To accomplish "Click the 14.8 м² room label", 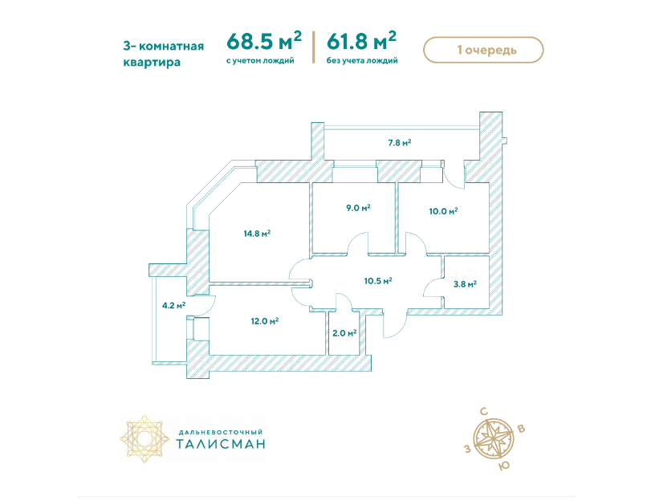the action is (257, 234).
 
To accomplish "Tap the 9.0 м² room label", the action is (358, 207).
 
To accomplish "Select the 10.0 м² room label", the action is (443, 211).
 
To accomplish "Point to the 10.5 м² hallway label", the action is (378, 281).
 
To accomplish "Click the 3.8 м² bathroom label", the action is (465, 284).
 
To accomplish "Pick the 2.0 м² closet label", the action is (344, 332).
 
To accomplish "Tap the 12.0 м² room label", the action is (264, 321).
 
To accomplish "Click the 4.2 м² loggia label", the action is (173, 305).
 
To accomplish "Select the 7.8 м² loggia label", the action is (400, 142).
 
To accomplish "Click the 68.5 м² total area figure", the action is (264, 41).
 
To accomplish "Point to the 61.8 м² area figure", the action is (361, 41).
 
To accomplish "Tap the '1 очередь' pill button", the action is (483, 50).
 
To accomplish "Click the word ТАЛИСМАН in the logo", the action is (221, 444).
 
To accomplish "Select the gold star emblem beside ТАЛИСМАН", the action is (145, 438).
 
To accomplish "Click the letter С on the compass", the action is (484, 412).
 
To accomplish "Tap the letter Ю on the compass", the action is (503, 466).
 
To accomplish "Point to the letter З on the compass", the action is (468, 449).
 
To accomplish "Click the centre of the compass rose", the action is (494, 438).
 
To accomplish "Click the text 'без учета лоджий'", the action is (362, 61).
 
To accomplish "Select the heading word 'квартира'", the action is (152, 63).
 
